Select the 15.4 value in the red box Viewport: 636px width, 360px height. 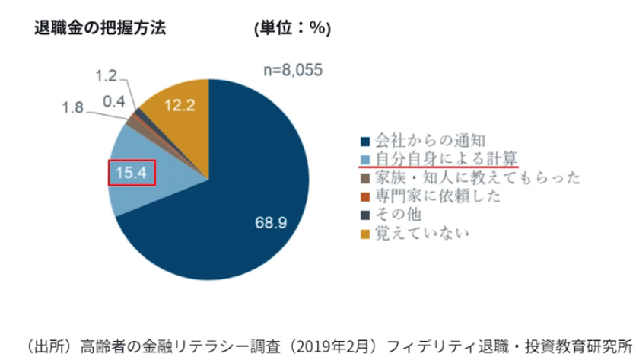pyautogui.click(x=131, y=174)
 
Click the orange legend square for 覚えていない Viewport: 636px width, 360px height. pyautogui.click(x=365, y=234)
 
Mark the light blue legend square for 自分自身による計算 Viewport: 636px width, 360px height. pyautogui.click(x=365, y=160)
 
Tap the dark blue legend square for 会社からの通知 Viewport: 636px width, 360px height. pyautogui.click(x=365, y=142)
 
